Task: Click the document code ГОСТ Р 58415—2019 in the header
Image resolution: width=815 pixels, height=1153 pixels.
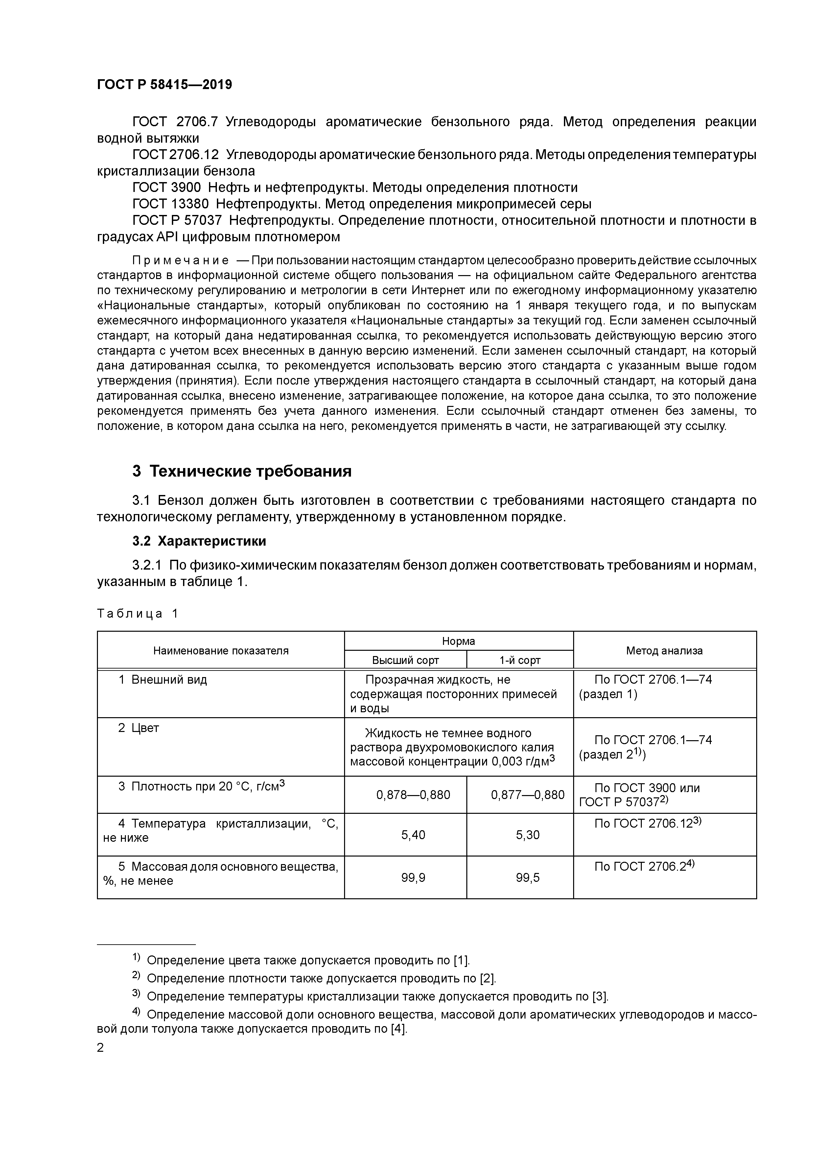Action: [x=164, y=85]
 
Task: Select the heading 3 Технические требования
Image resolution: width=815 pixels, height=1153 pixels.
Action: [x=242, y=471]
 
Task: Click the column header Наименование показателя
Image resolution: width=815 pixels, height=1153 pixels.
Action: [x=221, y=651]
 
